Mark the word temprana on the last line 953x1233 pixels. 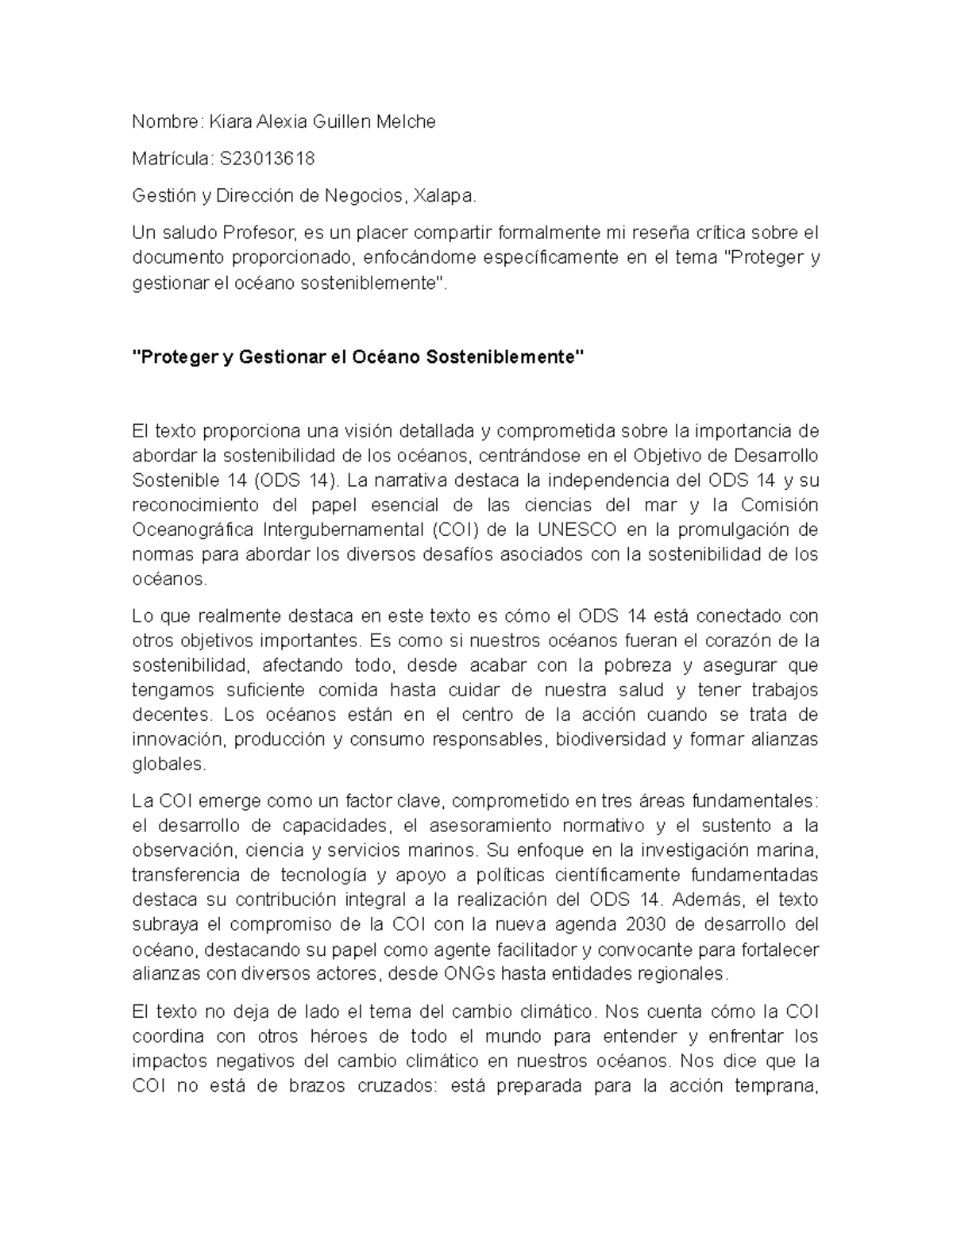(774, 1085)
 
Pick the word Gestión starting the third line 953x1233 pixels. (157, 195)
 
